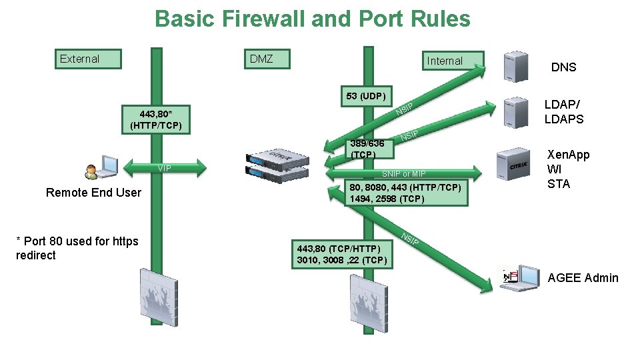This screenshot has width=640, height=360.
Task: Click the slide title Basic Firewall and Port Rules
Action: coord(312,19)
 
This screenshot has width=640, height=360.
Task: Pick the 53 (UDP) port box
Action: coord(366,96)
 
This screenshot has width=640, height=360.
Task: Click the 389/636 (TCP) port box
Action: coord(367,149)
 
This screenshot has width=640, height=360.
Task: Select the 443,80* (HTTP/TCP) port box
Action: coord(156,119)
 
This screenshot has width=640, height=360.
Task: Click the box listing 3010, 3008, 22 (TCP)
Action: coord(340,254)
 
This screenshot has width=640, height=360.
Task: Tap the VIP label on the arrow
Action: coord(163,167)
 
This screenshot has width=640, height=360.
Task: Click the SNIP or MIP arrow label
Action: coord(403,174)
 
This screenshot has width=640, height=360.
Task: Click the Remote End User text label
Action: coord(93,193)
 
